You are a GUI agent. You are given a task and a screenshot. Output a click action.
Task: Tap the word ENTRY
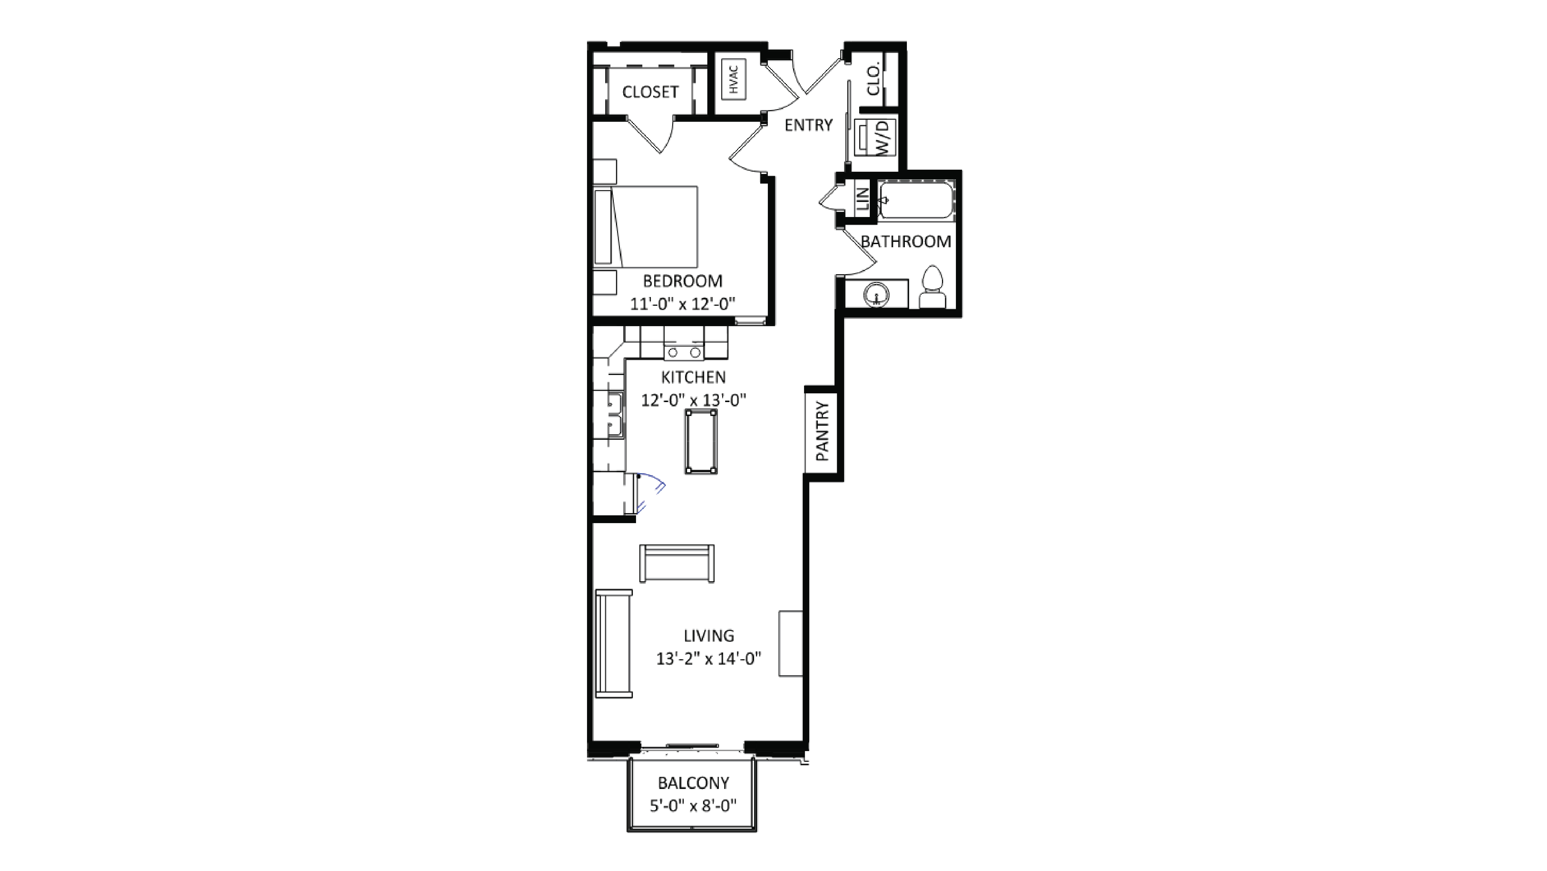(x=808, y=125)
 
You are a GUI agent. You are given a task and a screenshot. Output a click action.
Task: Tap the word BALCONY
(x=693, y=783)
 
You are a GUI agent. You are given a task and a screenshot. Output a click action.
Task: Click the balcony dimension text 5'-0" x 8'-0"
(x=693, y=805)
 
